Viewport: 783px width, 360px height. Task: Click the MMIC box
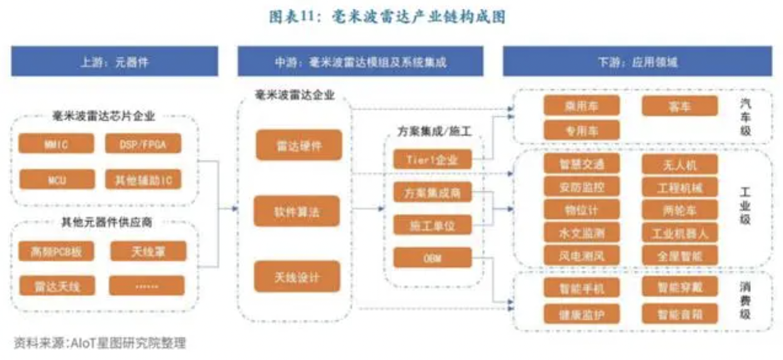click(x=56, y=144)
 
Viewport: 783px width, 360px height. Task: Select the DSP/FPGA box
click(x=143, y=144)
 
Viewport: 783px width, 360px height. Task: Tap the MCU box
click(x=56, y=179)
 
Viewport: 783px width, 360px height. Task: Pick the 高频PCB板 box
click(x=56, y=252)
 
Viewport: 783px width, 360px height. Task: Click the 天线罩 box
click(x=147, y=252)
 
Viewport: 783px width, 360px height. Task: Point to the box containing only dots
click(x=147, y=286)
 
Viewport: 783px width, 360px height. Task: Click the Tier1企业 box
click(x=432, y=159)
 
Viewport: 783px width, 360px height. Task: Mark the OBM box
click(x=432, y=257)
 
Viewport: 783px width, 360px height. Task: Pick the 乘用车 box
click(x=582, y=106)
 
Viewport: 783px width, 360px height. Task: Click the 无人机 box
click(x=680, y=165)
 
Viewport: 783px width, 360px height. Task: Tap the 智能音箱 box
click(x=680, y=313)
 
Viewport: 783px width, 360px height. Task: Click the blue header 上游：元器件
click(x=115, y=62)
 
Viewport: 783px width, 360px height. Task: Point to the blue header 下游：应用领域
click(x=637, y=62)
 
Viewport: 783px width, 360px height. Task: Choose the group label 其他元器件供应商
click(x=104, y=222)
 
